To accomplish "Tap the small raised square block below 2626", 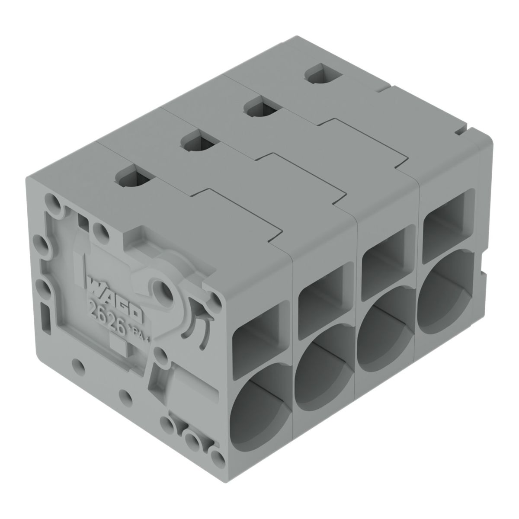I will tap(118, 346).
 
